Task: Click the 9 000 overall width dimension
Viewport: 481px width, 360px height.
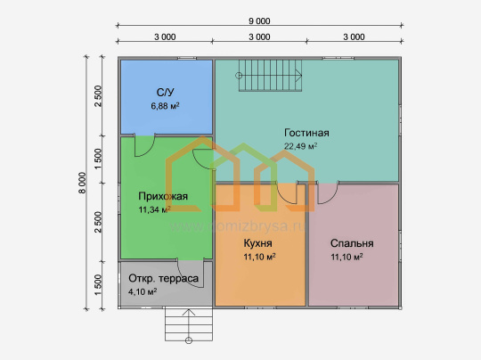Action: [x=259, y=20]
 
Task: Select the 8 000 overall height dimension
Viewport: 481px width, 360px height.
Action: [x=82, y=183]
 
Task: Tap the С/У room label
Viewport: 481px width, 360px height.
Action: [x=165, y=92]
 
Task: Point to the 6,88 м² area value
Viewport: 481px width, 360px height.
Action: [x=165, y=106]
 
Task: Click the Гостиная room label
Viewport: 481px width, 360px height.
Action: [x=306, y=133]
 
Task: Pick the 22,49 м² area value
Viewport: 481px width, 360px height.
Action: [x=301, y=146]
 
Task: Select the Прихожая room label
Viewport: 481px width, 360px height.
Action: [x=163, y=196]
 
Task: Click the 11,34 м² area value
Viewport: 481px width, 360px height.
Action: [x=155, y=209]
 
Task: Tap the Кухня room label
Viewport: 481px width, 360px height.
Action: [x=257, y=243]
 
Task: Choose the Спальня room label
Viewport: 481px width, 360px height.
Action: [x=352, y=243]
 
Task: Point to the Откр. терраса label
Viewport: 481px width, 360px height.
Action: [x=164, y=278]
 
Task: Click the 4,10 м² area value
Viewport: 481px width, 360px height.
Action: [x=143, y=291]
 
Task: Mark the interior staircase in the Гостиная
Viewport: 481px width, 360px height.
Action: [x=270, y=75]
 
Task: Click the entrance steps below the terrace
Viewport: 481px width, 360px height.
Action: [x=189, y=323]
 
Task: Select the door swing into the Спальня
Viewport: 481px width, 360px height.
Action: [x=328, y=192]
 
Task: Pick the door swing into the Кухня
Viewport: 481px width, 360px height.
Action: [x=287, y=192]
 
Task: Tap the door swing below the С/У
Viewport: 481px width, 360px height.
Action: [x=145, y=145]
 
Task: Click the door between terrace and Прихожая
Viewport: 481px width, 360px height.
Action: [x=191, y=273]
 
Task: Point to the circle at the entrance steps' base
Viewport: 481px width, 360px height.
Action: [x=189, y=340]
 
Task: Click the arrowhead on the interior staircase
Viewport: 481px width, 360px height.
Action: [x=298, y=75]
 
